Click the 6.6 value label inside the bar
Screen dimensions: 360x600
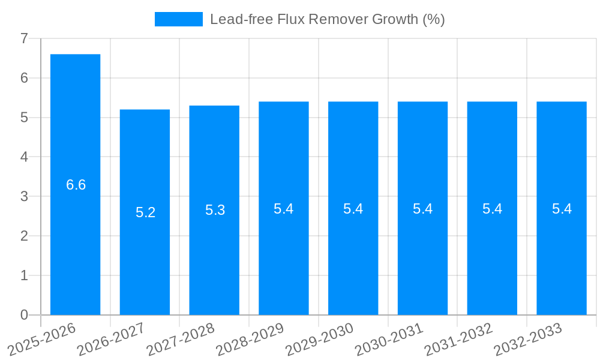(76, 185)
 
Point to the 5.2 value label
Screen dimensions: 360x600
(145, 212)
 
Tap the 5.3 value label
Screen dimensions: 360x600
(215, 210)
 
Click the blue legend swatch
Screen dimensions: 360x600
(178, 19)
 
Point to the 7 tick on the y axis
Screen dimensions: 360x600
(24, 38)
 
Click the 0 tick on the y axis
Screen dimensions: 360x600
(24, 315)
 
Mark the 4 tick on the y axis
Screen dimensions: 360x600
(24, 157)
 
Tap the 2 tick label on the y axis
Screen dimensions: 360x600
(24, 236)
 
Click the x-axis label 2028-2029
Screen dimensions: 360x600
(250, 340)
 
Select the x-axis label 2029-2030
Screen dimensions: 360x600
(319, 340)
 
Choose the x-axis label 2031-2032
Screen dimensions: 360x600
(458, 340)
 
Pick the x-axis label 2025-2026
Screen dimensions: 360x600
(41, 340)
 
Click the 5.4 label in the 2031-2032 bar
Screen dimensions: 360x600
(492, 209)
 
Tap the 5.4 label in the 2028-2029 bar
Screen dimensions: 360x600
(283, 209)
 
